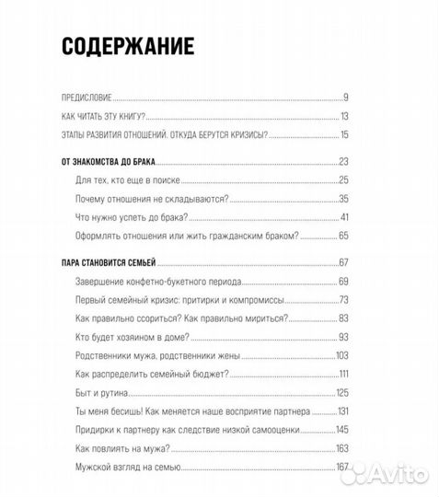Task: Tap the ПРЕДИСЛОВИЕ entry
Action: pos(86,97)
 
